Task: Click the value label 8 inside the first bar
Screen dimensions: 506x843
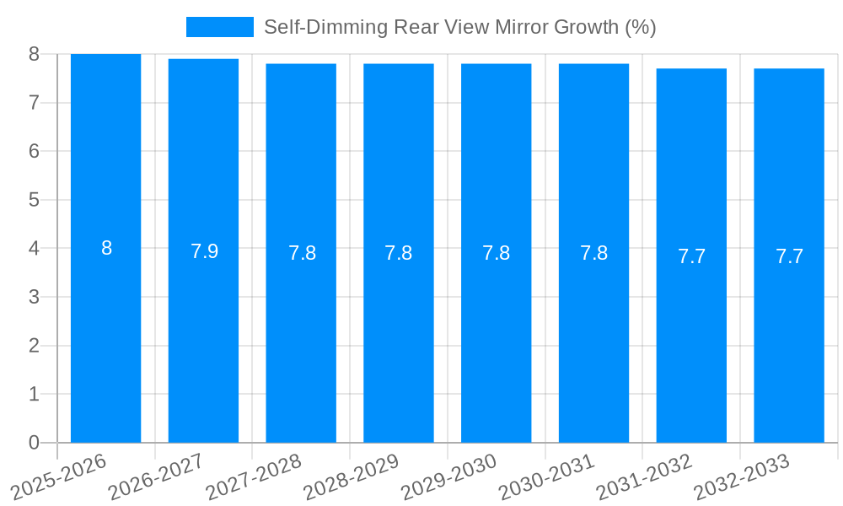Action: tap(106, 249)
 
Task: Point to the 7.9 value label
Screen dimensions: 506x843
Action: tap(204, 251)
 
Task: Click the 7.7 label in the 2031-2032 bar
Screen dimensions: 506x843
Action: tap(691, 256)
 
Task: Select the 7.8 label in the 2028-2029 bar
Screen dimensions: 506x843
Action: tap(399, 253)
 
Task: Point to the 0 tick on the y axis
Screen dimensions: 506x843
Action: tap(34, 443)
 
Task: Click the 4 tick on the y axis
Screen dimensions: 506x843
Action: tap(34, 249)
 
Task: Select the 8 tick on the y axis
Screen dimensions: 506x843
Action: tap(34, 55)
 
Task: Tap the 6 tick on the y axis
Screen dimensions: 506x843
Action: tap(34, 152)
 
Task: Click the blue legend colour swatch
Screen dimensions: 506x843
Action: tap(219, 27)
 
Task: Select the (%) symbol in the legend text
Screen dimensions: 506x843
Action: tap(640, 27)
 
